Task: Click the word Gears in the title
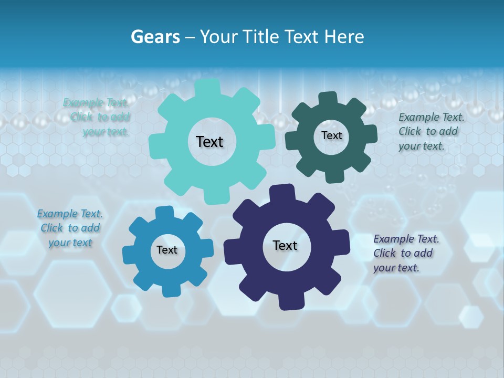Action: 155,37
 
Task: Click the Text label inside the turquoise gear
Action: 209,142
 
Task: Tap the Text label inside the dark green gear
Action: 331,135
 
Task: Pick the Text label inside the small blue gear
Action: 167,250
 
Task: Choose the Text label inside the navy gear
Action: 285,245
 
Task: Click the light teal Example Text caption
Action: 97,117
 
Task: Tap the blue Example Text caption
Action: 70,228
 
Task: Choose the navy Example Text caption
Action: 405,253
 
